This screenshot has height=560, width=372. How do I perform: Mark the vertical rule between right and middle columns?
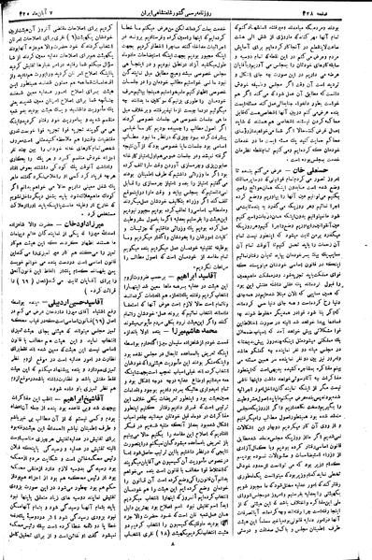click(x=250, y=280)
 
